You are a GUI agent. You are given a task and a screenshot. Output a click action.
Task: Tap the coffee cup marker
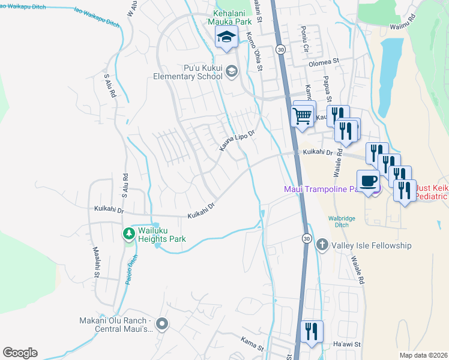368,181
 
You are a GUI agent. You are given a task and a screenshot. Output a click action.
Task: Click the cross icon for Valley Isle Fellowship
322,245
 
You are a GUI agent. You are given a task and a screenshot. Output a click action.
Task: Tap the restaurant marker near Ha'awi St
312,332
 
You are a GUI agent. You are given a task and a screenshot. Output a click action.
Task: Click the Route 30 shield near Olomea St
280,50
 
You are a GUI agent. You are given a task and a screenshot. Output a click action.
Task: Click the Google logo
20,353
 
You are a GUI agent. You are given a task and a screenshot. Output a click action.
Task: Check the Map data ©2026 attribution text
423,355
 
